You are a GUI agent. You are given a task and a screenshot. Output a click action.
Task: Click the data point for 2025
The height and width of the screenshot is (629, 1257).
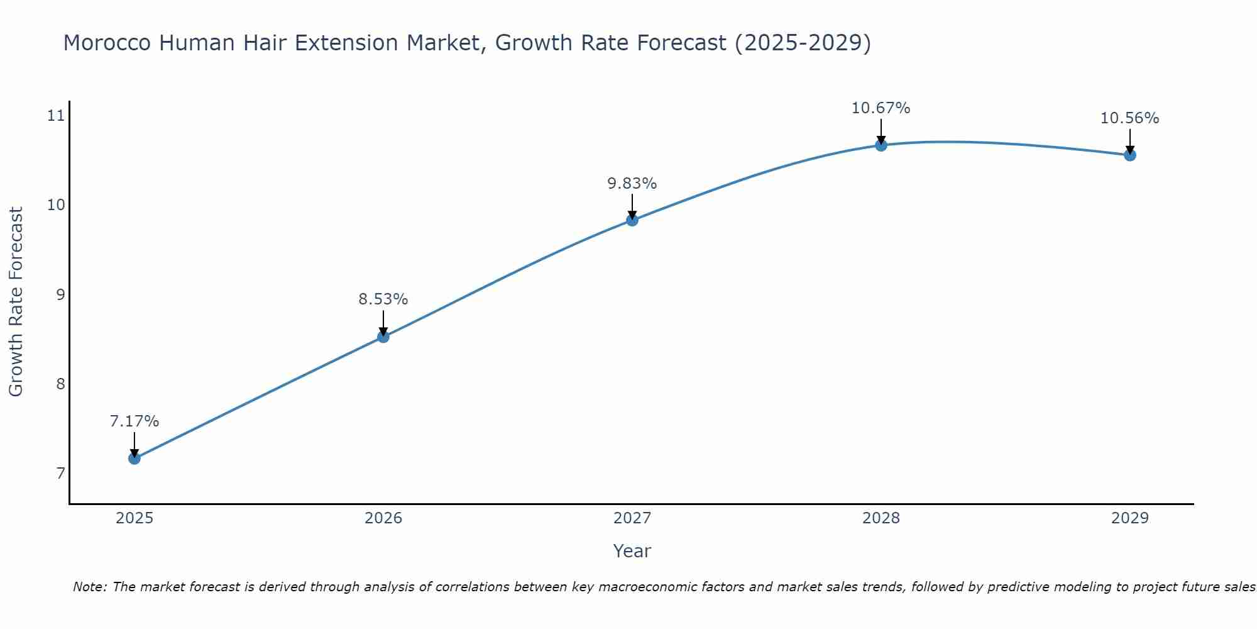(134, 459)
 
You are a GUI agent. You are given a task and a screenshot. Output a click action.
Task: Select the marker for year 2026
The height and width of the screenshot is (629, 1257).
(383, 337)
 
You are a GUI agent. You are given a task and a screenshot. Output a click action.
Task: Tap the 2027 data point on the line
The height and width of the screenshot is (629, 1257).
(632, 220)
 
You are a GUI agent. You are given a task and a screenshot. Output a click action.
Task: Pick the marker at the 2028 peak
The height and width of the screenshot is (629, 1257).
(881, 145)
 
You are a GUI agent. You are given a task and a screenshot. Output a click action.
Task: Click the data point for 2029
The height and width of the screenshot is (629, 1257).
(1130, 155)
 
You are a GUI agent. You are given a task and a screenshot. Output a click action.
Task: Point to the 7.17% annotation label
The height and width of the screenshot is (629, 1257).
(134, 421)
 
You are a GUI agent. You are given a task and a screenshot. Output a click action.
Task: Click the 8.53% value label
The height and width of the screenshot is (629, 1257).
(383, 299)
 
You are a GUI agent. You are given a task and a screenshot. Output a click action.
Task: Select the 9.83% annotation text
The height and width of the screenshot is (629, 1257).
(632, 184)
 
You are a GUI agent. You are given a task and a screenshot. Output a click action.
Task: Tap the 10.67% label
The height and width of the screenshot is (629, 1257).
(881, 108)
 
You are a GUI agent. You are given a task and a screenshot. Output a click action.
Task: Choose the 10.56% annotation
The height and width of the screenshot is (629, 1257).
(1130, 118)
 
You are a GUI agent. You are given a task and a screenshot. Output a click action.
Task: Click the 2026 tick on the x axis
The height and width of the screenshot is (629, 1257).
(383, 518)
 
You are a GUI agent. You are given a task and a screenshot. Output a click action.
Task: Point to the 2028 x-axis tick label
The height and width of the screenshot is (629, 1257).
(881, 518)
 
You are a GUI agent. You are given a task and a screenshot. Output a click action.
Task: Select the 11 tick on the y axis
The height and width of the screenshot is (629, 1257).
(56, 115)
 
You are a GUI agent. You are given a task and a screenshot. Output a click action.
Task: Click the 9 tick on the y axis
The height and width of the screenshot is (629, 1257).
(60, 294)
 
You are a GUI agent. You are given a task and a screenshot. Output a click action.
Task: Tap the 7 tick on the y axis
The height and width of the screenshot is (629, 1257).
(60, 473)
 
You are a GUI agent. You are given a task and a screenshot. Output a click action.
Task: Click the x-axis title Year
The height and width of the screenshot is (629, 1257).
(632, 551)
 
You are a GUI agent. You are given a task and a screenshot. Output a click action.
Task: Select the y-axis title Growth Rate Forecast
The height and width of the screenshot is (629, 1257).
(16, 302)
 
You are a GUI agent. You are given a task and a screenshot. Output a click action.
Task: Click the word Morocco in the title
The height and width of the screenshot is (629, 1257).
(107, 43)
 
